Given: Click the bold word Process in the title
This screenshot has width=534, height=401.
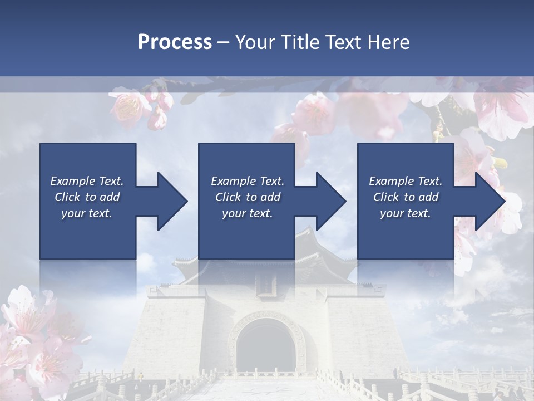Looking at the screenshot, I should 175,42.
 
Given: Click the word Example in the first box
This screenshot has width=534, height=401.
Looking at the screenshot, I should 73,181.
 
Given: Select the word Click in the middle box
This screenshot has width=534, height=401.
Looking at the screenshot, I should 228,197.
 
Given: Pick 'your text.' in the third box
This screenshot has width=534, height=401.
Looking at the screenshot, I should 405,213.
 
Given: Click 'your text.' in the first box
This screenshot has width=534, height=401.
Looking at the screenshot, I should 87,213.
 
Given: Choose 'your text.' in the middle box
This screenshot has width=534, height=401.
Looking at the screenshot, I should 247,213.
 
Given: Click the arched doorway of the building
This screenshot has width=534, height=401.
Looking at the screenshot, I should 266,348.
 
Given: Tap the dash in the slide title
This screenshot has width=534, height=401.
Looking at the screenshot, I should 224,42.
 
